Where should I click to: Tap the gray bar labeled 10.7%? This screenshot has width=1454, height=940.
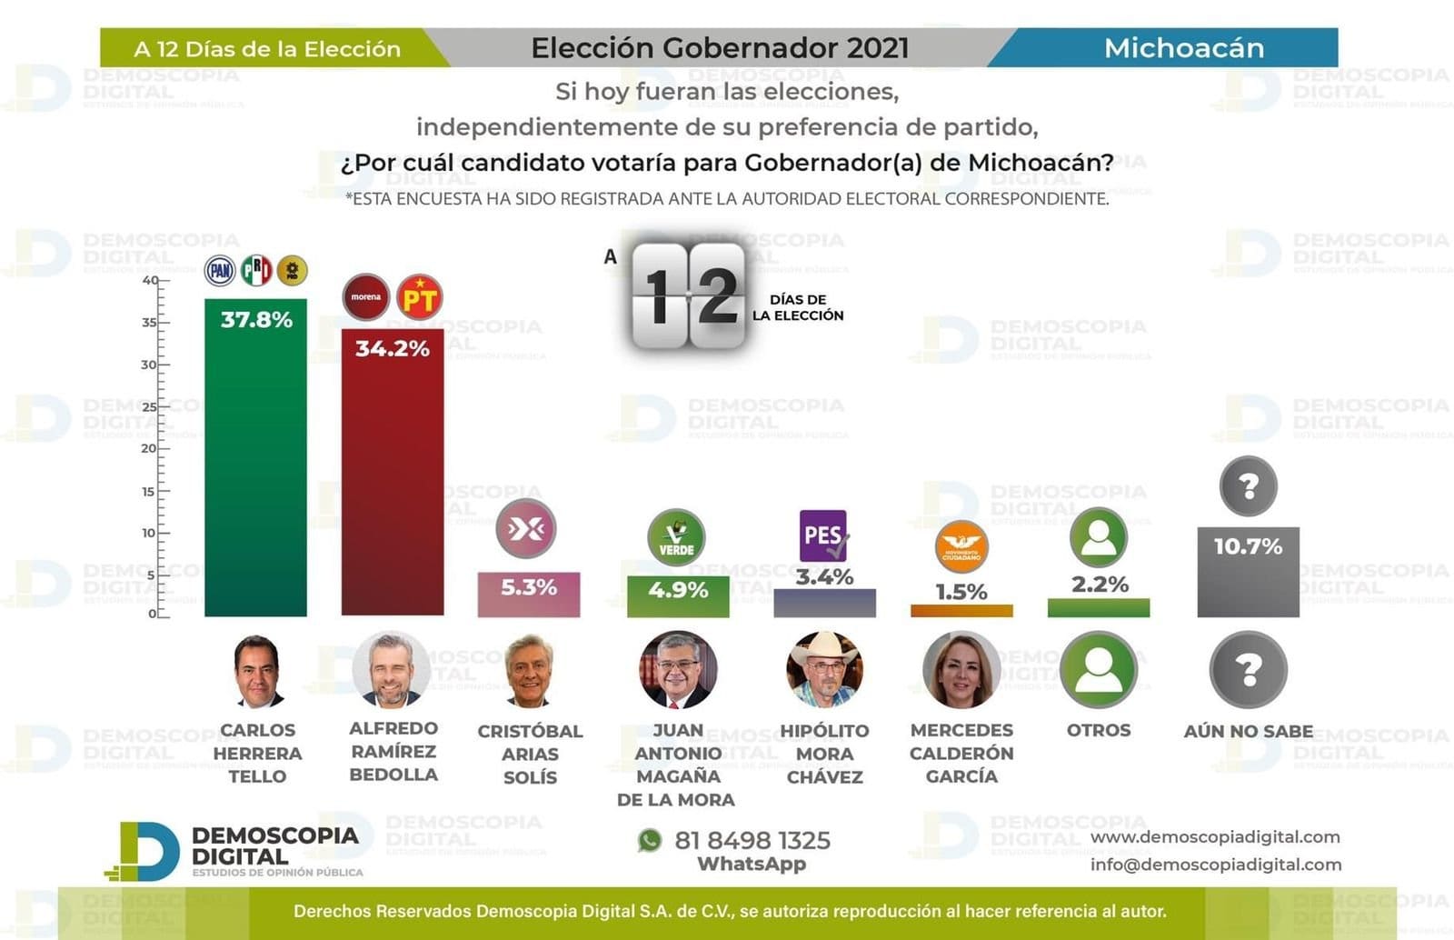[1248, 582]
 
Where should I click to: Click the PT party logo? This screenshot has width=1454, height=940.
[420, 297]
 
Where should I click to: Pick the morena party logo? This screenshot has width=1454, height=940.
[366, 297]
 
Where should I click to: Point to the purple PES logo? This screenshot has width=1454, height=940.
[824, 535]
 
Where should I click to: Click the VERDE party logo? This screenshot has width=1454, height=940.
[676, 536]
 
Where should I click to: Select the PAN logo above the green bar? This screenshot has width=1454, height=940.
[220, 270]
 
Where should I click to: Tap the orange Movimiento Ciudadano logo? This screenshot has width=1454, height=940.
[961, 547]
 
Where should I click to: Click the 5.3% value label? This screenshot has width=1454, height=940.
[529, 587]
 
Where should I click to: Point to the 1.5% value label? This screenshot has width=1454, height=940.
[961, 592]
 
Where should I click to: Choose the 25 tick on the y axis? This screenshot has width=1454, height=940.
[149, 406]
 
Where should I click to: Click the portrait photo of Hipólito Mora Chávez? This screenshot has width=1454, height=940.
[824, 670]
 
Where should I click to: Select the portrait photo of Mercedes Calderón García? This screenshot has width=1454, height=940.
[961, 670]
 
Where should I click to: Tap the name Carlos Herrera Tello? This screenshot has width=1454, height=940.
[257, 753]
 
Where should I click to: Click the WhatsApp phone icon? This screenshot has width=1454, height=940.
[650, 840]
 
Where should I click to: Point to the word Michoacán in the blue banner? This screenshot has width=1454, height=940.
[1183, 48]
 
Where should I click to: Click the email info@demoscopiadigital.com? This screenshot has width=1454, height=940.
[1215, 865]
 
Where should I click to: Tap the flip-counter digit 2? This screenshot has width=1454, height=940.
[718, 295]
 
